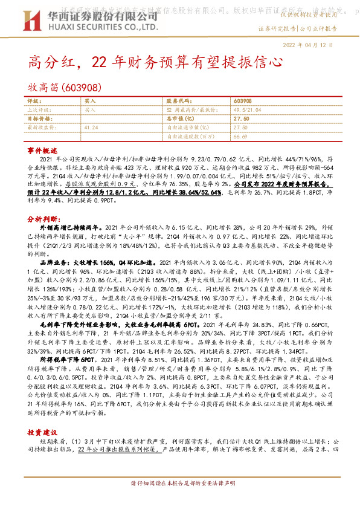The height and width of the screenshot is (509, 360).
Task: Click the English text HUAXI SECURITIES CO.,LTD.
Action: point(98,27)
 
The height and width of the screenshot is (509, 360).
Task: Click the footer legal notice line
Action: point(181,501)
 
